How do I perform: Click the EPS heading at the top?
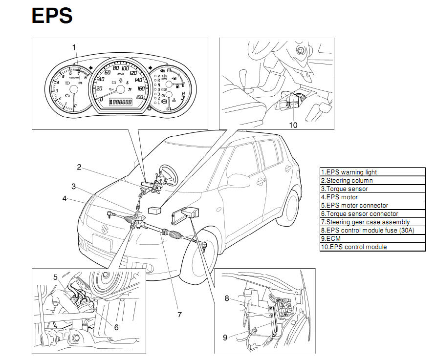tap(52, 16)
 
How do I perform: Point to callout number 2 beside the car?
tap(79, 167)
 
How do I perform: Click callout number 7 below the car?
tap(179, 315)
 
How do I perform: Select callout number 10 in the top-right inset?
tap(293, 125)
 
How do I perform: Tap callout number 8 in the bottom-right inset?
tap(227, 298)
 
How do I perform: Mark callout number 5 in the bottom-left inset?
tap(56, 277)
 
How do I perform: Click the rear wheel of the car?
tap(292, 205)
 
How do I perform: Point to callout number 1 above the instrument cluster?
tap(74, 47)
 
